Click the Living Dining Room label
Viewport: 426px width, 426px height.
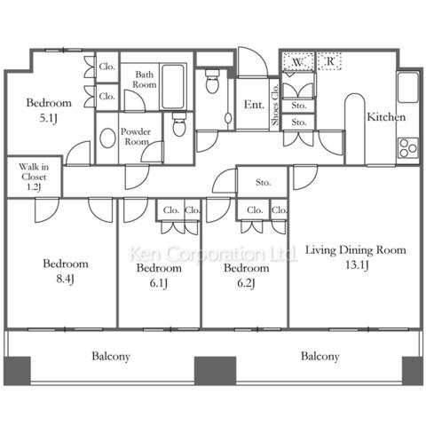[356, 250]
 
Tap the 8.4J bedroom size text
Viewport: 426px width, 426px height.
[65, 279]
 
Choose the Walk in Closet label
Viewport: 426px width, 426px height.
[34, 177]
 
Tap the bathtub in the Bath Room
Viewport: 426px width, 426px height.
[173, 86]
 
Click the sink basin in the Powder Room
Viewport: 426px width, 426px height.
[107, 138]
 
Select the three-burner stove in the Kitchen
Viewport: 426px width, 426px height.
[408, 148]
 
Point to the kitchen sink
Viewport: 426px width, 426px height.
[408, 88]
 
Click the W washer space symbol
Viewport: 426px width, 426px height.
[298, 62]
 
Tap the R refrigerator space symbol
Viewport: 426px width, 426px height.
[330, 61]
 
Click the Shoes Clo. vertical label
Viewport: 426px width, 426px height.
[275, 105]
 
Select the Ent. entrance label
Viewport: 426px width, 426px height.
[254, 105]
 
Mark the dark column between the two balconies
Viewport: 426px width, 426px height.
[215, 371]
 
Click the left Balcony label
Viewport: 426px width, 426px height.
[111, 356]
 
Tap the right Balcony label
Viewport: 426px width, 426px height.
[320, 356]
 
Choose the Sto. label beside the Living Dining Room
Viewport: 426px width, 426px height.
[264, 183]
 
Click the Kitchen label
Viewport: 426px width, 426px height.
[386, 117]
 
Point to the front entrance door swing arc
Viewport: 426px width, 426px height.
[260, 56]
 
